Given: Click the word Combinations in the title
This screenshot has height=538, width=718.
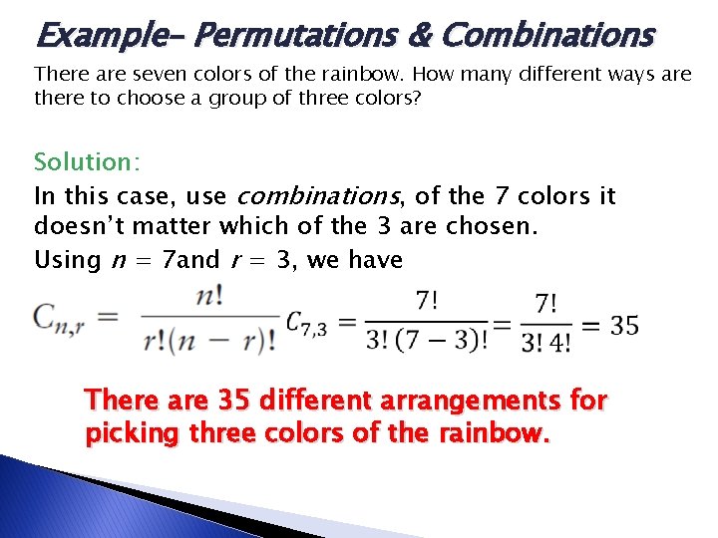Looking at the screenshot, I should coord(546,36).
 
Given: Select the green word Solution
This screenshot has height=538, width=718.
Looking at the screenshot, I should coord(83,161).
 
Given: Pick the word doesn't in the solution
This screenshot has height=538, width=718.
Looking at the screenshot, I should coord(87,226).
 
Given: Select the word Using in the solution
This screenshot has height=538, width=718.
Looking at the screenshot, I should coord(68,260).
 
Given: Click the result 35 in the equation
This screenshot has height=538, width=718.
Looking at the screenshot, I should coord(624,325).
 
